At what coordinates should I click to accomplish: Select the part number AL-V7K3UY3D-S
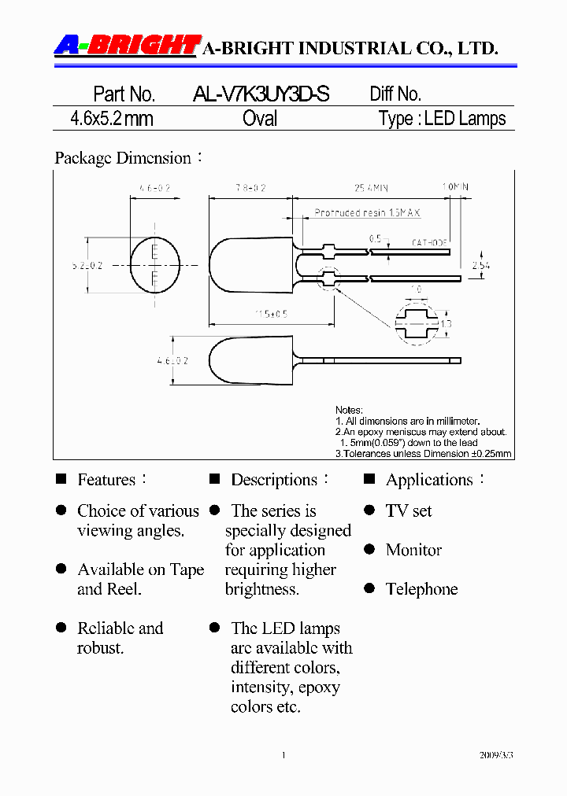261,94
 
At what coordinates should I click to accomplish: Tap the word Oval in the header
260,119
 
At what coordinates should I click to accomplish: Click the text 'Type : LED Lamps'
442,119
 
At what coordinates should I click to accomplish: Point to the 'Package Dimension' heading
123,158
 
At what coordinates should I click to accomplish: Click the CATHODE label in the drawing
429,242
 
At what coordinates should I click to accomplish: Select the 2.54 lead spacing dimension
480,266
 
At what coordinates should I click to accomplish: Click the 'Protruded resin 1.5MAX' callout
367,213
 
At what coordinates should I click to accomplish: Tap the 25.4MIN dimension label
371,188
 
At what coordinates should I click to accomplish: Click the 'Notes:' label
349,410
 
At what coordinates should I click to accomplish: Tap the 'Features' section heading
106,480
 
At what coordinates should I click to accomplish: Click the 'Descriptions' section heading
273,480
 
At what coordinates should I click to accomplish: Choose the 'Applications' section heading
429,480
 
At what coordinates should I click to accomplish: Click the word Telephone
421,589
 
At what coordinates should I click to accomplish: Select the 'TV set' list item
409,511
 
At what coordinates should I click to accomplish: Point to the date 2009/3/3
496,755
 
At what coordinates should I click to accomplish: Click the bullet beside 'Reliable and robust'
61,628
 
